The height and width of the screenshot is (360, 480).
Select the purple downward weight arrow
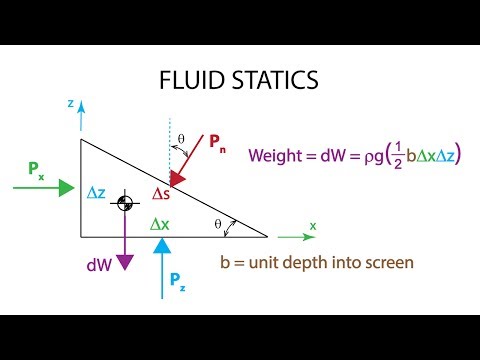coord(125,240)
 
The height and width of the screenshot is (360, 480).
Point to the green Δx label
coord(160,225)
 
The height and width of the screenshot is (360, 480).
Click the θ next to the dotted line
coord(180,140)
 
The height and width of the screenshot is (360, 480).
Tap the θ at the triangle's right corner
coord(219,223)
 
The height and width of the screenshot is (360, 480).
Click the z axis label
coord(69,103)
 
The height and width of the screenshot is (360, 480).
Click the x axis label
coord(312,225)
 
